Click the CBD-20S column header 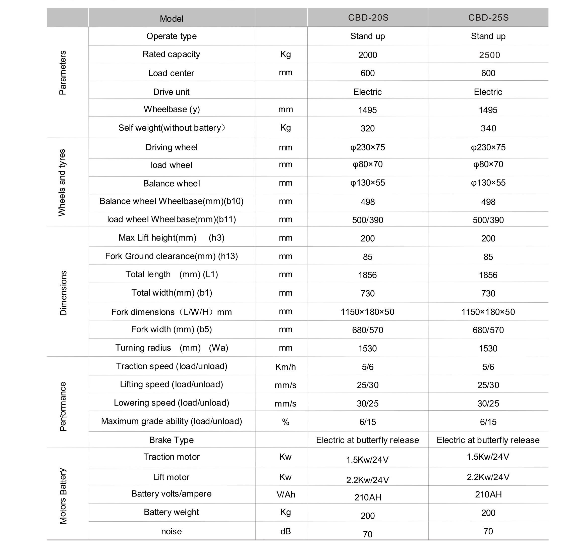pos(368,18)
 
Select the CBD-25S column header pos(488,18)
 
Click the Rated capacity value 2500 pos(489,55)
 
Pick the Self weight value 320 pos(367,128)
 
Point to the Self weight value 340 pos(488,128)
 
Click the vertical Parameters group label pos(63,73)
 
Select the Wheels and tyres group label pos(62,183)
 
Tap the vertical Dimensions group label pos(63,293)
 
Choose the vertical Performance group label pos(63,406)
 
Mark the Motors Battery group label pos(63,496)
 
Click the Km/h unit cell pos(286,367)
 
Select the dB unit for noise pos(286,531)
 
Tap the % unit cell pos(286,422)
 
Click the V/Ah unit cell pos(286,494)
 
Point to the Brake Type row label pos(171,440)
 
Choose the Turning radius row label pos(172,348)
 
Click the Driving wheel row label pos(171,147)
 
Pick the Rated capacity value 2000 pos(367,55)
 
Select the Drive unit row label pos(171,92)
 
